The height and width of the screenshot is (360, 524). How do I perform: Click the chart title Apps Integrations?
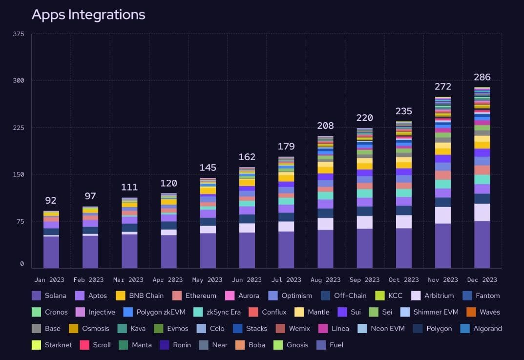[x=88, y=14]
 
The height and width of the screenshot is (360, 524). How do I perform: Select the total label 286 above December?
[x=482, y=77]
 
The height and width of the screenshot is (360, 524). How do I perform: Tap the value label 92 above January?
[x=51, y=200]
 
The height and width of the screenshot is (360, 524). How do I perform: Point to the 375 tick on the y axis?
[x=19, y=34]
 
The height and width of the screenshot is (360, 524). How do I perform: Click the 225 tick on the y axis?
[x=19, y=127]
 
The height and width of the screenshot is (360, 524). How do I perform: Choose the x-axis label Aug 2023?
[x=325, y=280]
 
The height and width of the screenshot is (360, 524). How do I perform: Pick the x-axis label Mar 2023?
[x=129, y=280]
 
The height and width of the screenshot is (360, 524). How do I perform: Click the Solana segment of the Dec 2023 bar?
[x=482, y=244]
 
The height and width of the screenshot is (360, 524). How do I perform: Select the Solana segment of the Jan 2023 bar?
[x=51, y=252]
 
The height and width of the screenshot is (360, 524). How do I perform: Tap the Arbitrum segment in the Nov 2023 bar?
[x=442, y=215]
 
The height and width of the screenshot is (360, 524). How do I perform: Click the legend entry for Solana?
[x=49, y=296]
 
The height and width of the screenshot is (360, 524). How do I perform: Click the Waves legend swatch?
[x=471, y=312]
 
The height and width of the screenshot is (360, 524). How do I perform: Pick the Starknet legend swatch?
[x=36, y=345]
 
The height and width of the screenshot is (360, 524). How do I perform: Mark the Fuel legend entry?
[x=330, y=345]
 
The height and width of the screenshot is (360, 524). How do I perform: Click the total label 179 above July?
[x=286, y=146]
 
